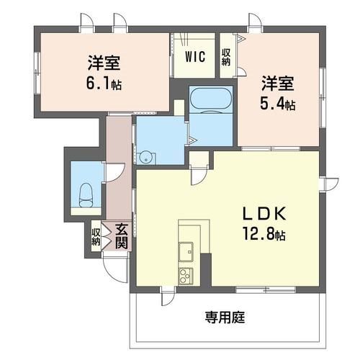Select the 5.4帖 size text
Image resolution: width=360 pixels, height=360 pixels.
pyautogui.click(x=277, y=104)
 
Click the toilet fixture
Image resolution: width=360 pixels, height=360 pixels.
pyautogui.click(x=86, y=193)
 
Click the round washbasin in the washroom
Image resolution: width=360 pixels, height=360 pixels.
pyautogui.click(x=146, y=156)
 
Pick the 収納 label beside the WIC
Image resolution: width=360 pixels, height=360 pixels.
pyautogui.click(x=226, y=56)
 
